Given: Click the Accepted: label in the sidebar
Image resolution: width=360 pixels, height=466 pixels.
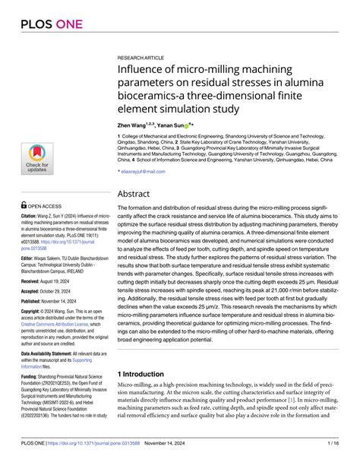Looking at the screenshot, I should coord(33,293).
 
